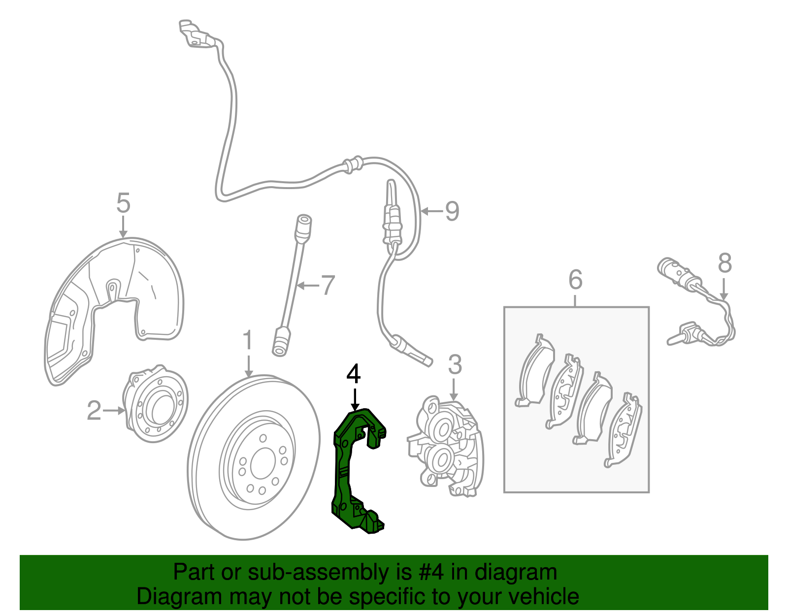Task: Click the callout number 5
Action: (123, 203)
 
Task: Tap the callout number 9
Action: (452, 212)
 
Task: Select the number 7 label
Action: (328, 285)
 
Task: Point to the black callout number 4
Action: (353, 375)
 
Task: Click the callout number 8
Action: (724, 263)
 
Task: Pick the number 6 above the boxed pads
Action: (575, 280)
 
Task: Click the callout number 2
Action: (94, 410)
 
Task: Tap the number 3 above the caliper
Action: (455, 365)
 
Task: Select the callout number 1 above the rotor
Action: (248, 341)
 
